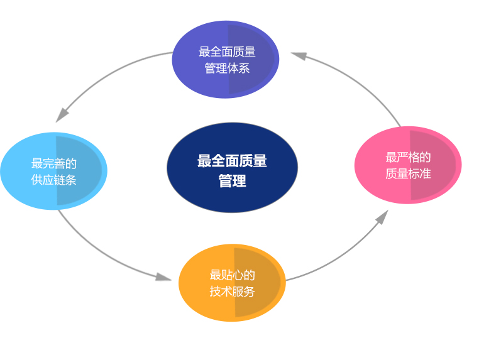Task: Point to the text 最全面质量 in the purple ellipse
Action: pos(227,52)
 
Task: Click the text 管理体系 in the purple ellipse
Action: pos(227,68)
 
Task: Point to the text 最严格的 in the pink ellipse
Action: pos(408,157)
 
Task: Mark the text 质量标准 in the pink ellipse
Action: pos(408,173)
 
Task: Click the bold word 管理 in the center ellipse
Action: pos(232,181)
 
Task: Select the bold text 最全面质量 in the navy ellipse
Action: pos(232,161)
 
